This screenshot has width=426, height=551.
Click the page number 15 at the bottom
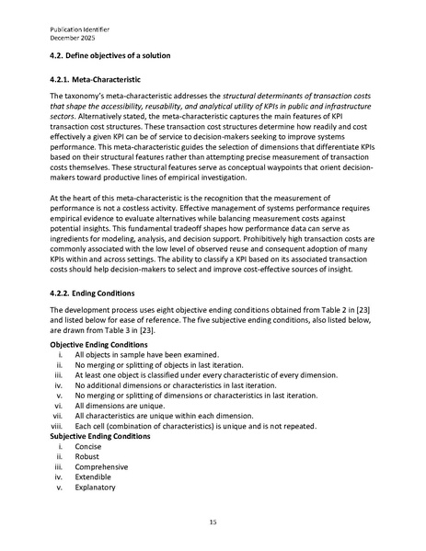coord(213,521)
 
